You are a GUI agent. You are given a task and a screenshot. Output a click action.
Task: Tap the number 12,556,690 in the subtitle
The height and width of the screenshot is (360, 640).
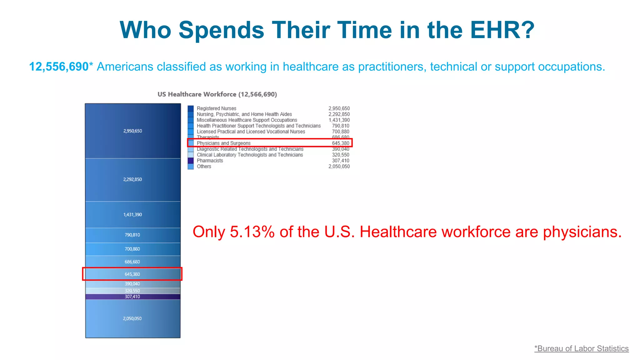(59, 67)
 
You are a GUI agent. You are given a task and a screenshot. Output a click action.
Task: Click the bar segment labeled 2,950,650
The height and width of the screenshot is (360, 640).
(133, 131)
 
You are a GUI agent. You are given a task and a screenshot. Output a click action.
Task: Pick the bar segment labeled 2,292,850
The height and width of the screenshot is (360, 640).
(133, 179)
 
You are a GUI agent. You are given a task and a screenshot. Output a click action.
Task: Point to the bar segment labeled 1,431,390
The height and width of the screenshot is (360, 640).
(133, 215)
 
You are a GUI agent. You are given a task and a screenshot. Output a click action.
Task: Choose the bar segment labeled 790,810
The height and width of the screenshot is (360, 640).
(133, 235)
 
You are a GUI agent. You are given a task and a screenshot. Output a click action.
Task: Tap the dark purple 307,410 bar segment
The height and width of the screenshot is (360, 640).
(133, 297)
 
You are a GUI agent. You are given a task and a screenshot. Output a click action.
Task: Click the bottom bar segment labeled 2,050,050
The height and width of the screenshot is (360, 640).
(133, 318)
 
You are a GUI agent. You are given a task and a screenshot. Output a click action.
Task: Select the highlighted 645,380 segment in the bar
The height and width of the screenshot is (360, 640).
(133, 274)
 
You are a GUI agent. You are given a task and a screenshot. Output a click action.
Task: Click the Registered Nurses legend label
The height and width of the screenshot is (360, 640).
(216, 108)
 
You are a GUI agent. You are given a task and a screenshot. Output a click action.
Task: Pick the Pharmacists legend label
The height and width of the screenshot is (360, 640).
(210, 161)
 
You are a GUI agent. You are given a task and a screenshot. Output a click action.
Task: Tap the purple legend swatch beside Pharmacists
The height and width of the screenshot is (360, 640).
(191, 161)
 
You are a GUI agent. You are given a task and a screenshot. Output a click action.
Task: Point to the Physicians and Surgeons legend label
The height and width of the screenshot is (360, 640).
(223, 143)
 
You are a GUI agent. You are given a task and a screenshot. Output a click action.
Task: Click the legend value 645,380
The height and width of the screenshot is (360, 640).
(340, 143)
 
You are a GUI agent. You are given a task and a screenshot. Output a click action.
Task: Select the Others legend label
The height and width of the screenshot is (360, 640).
(204, 167)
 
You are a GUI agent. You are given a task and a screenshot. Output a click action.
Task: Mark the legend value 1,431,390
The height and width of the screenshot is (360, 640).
(339, 120)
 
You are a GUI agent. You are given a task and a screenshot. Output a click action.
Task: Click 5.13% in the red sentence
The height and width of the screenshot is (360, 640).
(252, 232)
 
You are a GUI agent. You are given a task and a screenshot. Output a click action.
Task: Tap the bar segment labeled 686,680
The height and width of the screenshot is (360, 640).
(133, 262)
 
